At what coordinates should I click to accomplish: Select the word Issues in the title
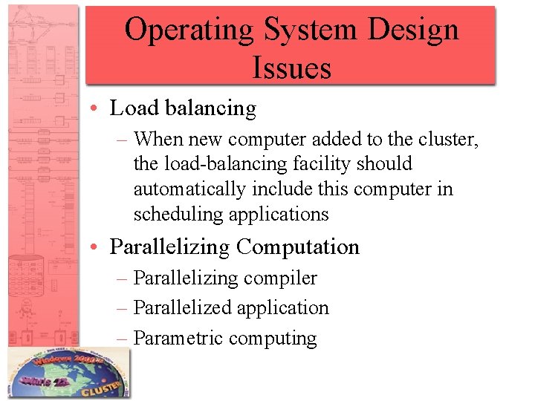click(291, 68)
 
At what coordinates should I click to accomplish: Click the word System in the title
click(306, 30)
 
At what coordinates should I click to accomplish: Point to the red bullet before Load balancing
click(99, 109)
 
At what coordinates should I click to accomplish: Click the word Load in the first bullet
click(134, 108)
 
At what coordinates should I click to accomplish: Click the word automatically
click(189, 189)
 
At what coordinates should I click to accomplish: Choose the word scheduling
click(178, 215)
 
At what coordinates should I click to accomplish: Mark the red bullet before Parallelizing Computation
click(99, 247)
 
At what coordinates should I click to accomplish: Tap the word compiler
click(282, 278)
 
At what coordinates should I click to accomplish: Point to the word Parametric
click(178, 339)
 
